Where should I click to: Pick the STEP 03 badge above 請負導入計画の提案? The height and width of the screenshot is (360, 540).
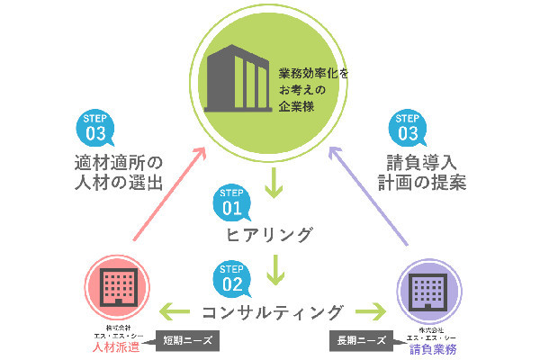408,129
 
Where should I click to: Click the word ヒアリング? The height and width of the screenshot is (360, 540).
269,237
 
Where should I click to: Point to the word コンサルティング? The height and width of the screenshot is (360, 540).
272,312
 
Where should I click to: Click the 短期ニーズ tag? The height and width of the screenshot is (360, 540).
188,341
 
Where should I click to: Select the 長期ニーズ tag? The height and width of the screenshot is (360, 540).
359,341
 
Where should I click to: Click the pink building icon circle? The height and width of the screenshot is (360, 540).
114,283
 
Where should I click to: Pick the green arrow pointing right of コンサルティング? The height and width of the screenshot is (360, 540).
369,312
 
